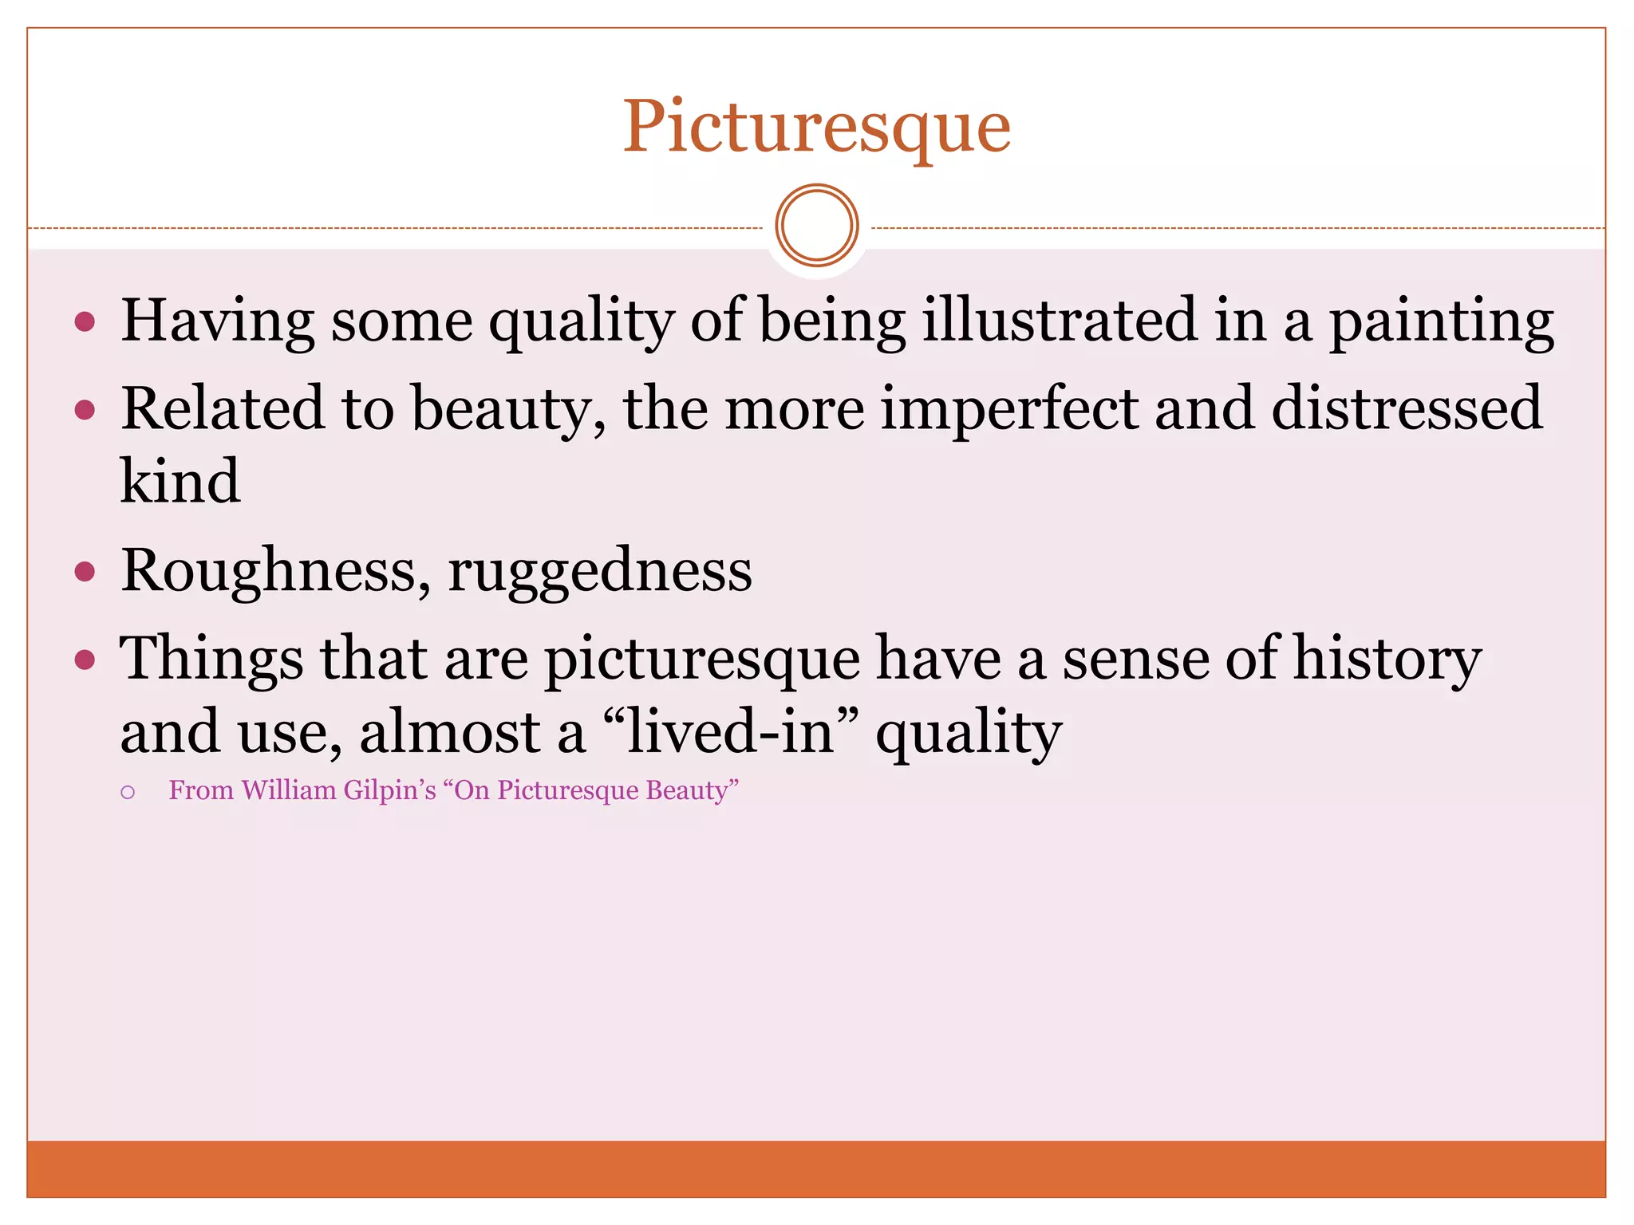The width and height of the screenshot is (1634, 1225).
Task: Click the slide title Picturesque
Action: (816, 128)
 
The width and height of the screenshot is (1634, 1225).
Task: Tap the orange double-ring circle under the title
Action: (816, 226)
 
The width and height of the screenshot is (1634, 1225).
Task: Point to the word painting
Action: (1441, 321)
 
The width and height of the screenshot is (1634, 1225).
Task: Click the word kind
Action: (180, 482)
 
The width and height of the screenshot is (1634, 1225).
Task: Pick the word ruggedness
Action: (599, 571)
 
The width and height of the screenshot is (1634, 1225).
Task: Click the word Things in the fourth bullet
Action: (211, 659)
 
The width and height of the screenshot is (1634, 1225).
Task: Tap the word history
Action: (1387, 660)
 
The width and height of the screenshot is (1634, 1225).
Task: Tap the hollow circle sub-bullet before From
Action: (128, 793)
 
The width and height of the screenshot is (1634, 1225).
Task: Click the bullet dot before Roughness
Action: (85, 572)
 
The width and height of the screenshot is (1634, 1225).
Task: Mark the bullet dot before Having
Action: (85, 322)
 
